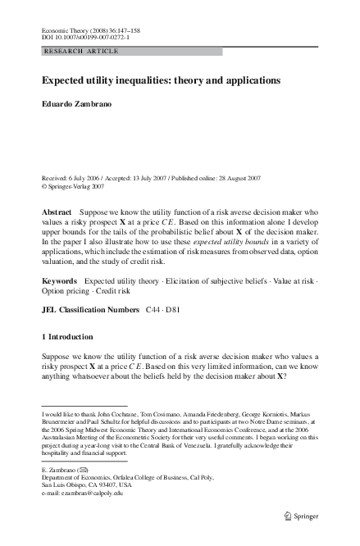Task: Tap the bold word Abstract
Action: [x=57, y=212]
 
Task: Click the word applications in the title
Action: [x=253, y=81]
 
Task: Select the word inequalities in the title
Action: [x=140, y=81]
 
